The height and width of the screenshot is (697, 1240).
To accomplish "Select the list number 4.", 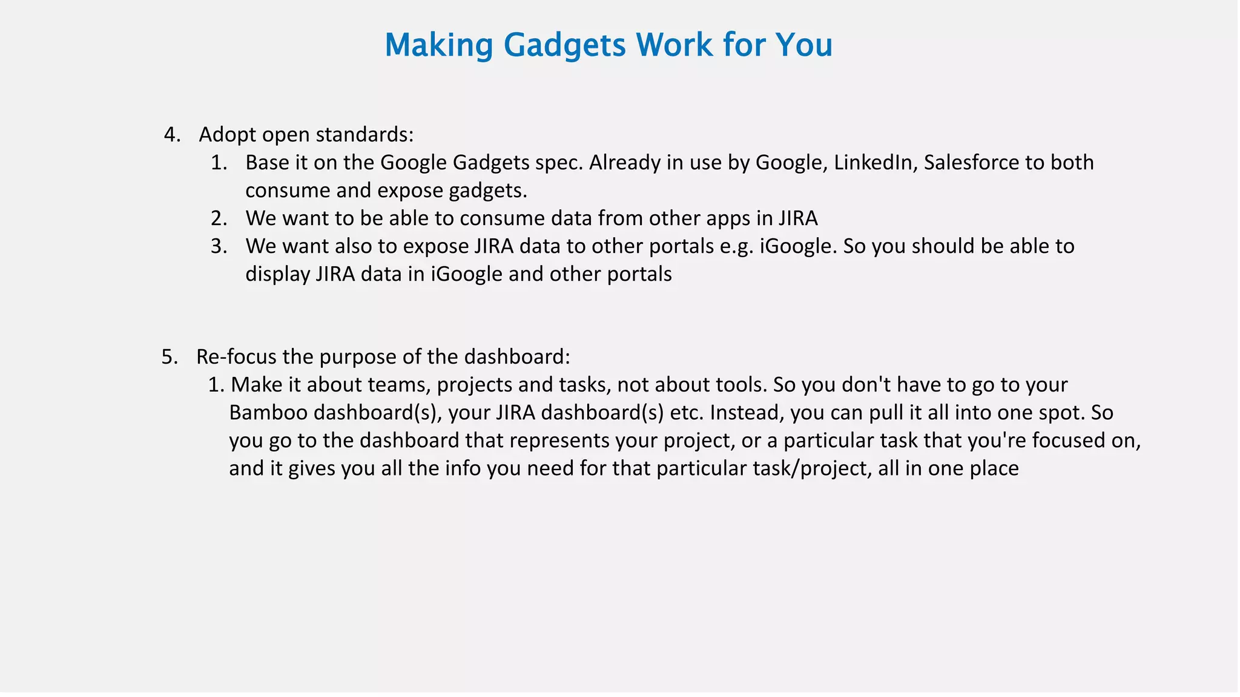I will [172, 134].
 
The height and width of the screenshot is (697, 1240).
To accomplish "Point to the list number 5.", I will [170, 357].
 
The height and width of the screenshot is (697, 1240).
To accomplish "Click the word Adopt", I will [228, 134].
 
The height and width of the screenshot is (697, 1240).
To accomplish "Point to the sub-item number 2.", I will [219, 218].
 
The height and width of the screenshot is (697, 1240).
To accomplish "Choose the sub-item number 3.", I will [219, 246].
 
